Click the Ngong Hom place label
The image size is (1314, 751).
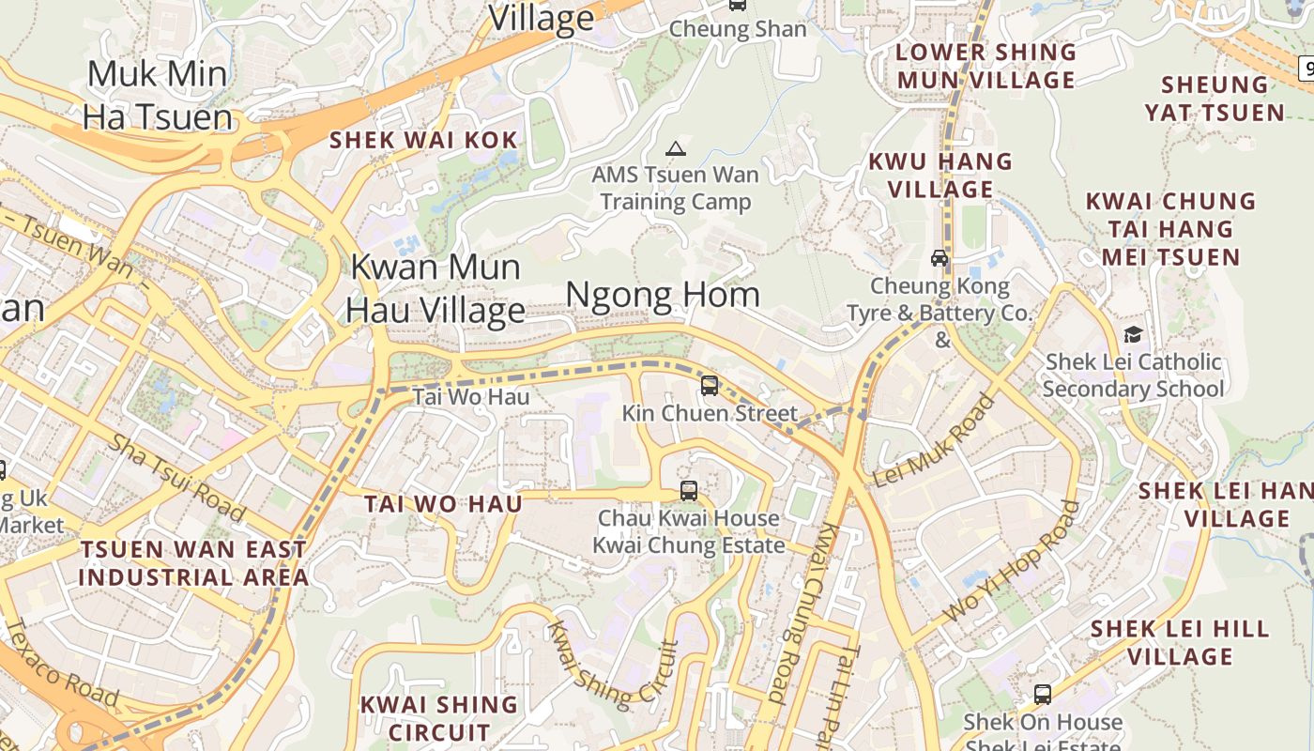pos(663,296)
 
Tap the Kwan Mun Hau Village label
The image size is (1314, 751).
pos(435,288)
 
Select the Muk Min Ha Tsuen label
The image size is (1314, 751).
pos(158,95)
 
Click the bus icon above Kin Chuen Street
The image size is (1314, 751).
pos(710,385)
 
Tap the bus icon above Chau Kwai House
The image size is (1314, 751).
pos(689,490)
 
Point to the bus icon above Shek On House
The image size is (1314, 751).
pos(1042,695)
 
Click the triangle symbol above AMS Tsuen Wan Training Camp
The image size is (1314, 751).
pos(675,148)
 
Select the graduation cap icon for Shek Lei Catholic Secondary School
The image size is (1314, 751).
pos(1133,335)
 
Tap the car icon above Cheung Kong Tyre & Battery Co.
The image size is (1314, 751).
pos(940,258)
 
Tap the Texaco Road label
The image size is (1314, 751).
pos(60,662)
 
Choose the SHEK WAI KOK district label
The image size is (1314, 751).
pos(423,141)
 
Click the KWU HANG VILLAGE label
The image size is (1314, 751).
pos(940,176)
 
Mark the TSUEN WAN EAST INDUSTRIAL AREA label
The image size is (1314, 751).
pos(193,563)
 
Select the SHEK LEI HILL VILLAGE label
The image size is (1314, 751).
pos(1180,642)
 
